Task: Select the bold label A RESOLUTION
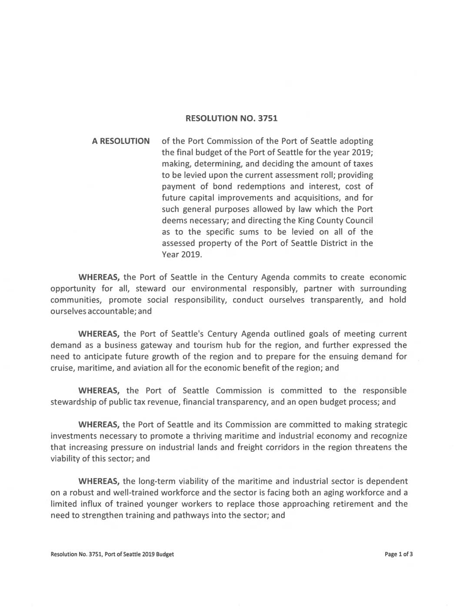tap(121, 141)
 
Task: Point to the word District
tap(329, 243)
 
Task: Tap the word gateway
tap(157, 345)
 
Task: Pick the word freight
tap(252, 447)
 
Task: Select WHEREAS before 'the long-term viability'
tap(99, 481)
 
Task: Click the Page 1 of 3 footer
tap(399, 554)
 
